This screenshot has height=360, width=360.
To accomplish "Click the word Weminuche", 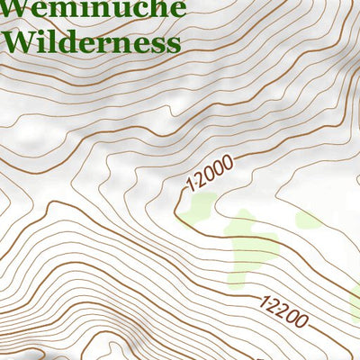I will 95,9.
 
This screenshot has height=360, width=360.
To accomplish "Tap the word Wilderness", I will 91,41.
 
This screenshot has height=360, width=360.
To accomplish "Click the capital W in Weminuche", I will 19,9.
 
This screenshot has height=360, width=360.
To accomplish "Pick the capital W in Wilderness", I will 20,41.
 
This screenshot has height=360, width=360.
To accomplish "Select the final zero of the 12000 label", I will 229,161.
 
